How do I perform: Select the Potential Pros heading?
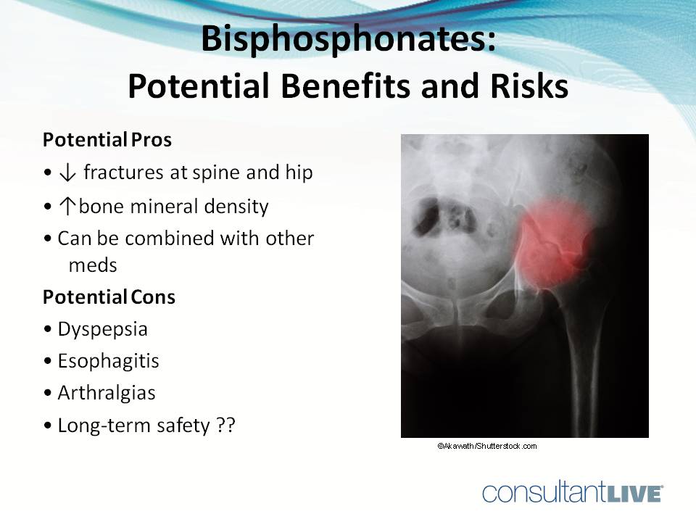107,140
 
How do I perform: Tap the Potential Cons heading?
109,297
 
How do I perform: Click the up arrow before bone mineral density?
70,207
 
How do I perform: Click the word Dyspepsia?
102,329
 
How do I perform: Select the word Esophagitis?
108,361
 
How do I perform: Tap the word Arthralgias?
107,393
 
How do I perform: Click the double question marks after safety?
225,426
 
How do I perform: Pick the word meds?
93,265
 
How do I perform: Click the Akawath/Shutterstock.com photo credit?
486,446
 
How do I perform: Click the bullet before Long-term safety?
48,426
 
